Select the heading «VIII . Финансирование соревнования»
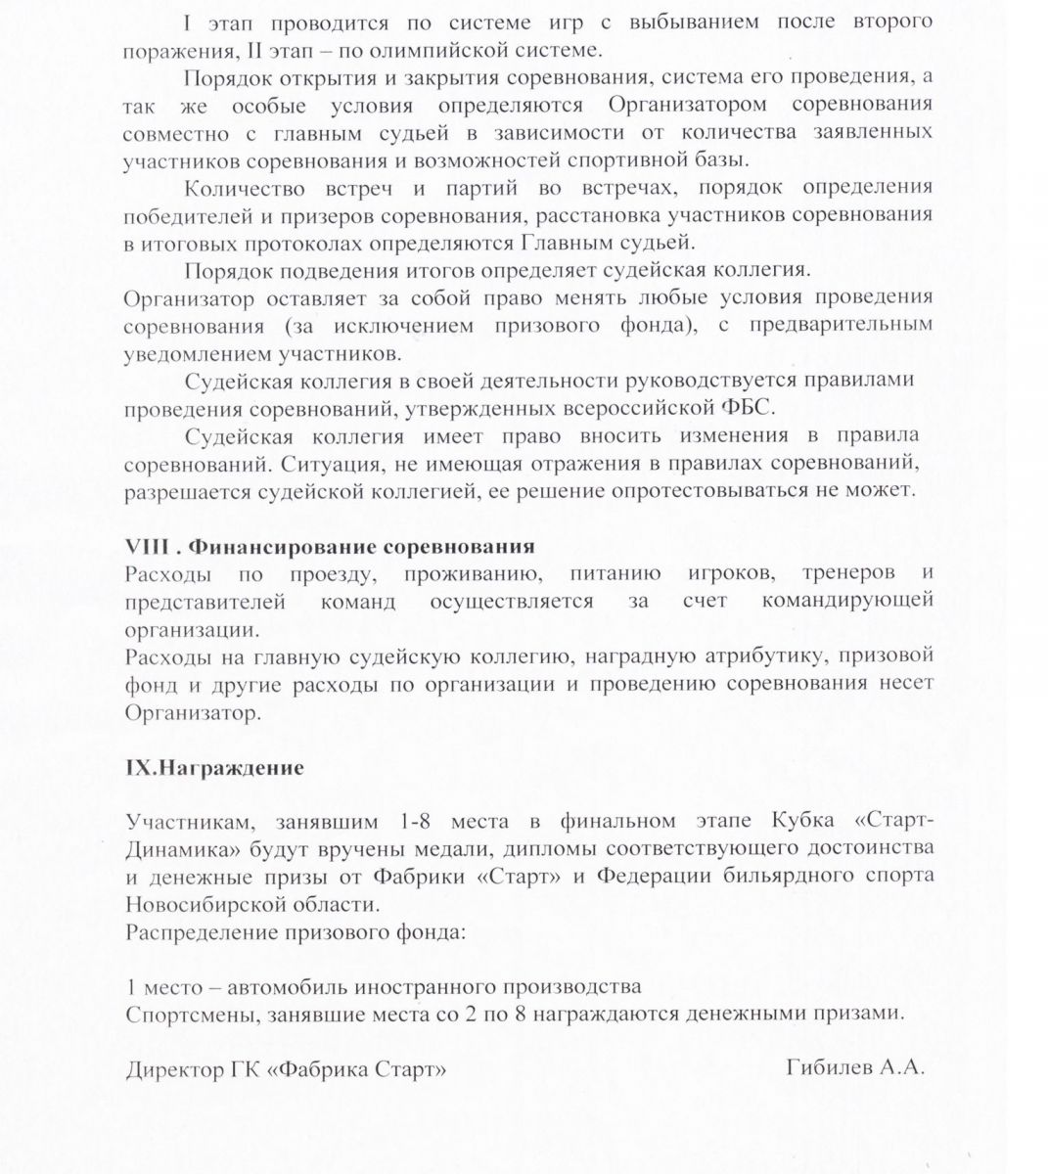click(x=330, y=546)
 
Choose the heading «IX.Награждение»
click(x=214, y=768)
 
